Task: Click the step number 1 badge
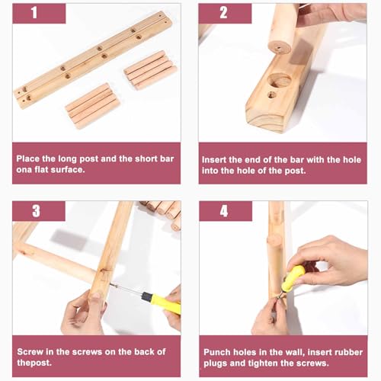[x=39, y=13]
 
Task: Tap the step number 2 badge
[x=225, y=13]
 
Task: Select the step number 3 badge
[x=39, y=211]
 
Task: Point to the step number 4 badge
[x=226, y=211]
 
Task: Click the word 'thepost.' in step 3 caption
[x=34, y=363]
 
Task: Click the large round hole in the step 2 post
[x=280, y=81]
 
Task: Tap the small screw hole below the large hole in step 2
[x=272, y=95]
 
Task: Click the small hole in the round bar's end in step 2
[x=278, y=48]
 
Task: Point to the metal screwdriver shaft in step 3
[x=126, y=290]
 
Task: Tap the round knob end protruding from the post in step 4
[x=274, y=241]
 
